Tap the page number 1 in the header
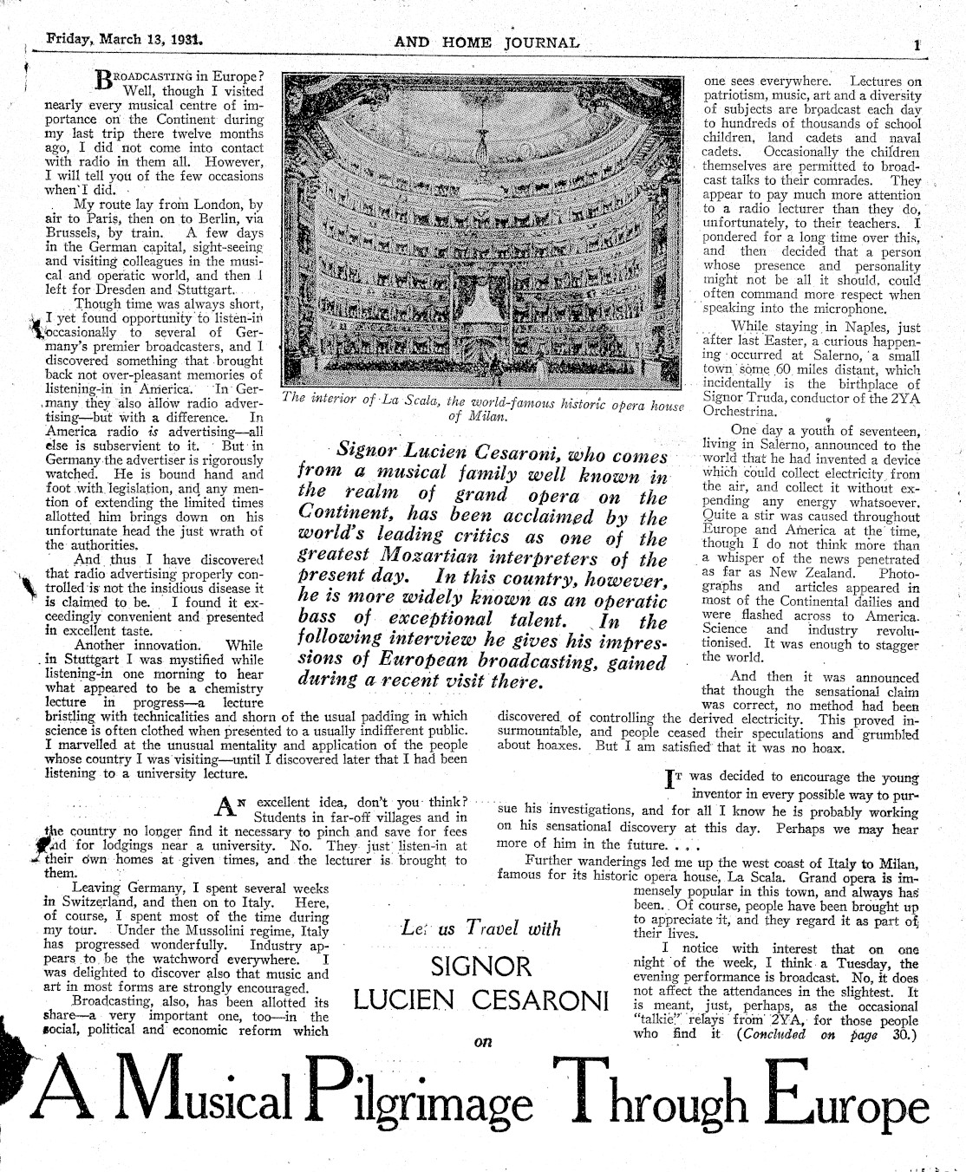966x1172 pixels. click(916, 44)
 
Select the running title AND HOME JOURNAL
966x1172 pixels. click(486, 42)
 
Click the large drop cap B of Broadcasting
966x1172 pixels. click(104, 81)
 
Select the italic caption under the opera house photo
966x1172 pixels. click(483, 408)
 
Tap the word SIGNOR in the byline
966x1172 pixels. click(481, 967)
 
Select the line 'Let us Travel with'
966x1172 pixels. click(481, 928)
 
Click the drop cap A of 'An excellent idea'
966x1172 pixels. click(226, 809)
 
